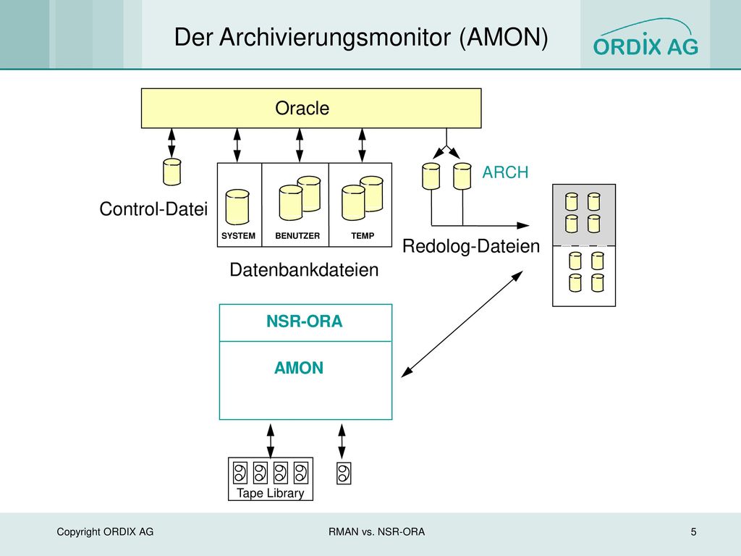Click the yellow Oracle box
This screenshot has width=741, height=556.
pyautogui.click(x=311, y=109)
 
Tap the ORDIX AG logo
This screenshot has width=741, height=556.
pyautogui.click(x=645, y=38)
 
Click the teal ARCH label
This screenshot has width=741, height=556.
pyautogui.click(x=505, y=172)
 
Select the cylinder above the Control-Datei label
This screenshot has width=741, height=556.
pyautogui.click(x=172, y=172)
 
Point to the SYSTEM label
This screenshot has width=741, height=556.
pyautogui.click(x=238, y=236)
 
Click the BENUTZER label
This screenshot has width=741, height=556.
pyautogui.click(x=297, y=236)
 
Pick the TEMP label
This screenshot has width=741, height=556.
pyautogui.click(x=363, y=236)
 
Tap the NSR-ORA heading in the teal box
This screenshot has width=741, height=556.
pyautogui.click(x=305, y=321)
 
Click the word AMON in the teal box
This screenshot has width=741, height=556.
pyautogui.click(x=299, y=368)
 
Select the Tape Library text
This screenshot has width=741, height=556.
pyautogui.click(x=271, y=493)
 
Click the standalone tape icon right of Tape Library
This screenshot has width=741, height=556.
pyautogui.click(x=344, y=473)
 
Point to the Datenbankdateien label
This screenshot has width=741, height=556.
pyautogui.click(x=304, y=270)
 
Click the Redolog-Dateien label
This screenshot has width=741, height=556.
pyautogui.click(x=470, y=246)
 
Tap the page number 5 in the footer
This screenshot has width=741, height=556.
pyautogui.click(x=693, y=532)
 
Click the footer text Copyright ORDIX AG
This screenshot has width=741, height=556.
pyautogui.click(x=105, y=532)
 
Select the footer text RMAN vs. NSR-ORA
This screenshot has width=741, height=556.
pyautogui.click(x=376, y=532)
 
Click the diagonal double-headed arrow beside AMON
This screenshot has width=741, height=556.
pyautogui.click(x=462, y=324)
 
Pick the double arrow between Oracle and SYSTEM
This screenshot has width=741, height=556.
pyautogui.click(x=237, y=145)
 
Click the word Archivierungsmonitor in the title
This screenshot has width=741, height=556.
pyautogui.click(x=335, y=38)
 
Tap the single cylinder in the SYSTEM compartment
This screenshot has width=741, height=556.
pyautogui.click(x=237, y=207)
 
